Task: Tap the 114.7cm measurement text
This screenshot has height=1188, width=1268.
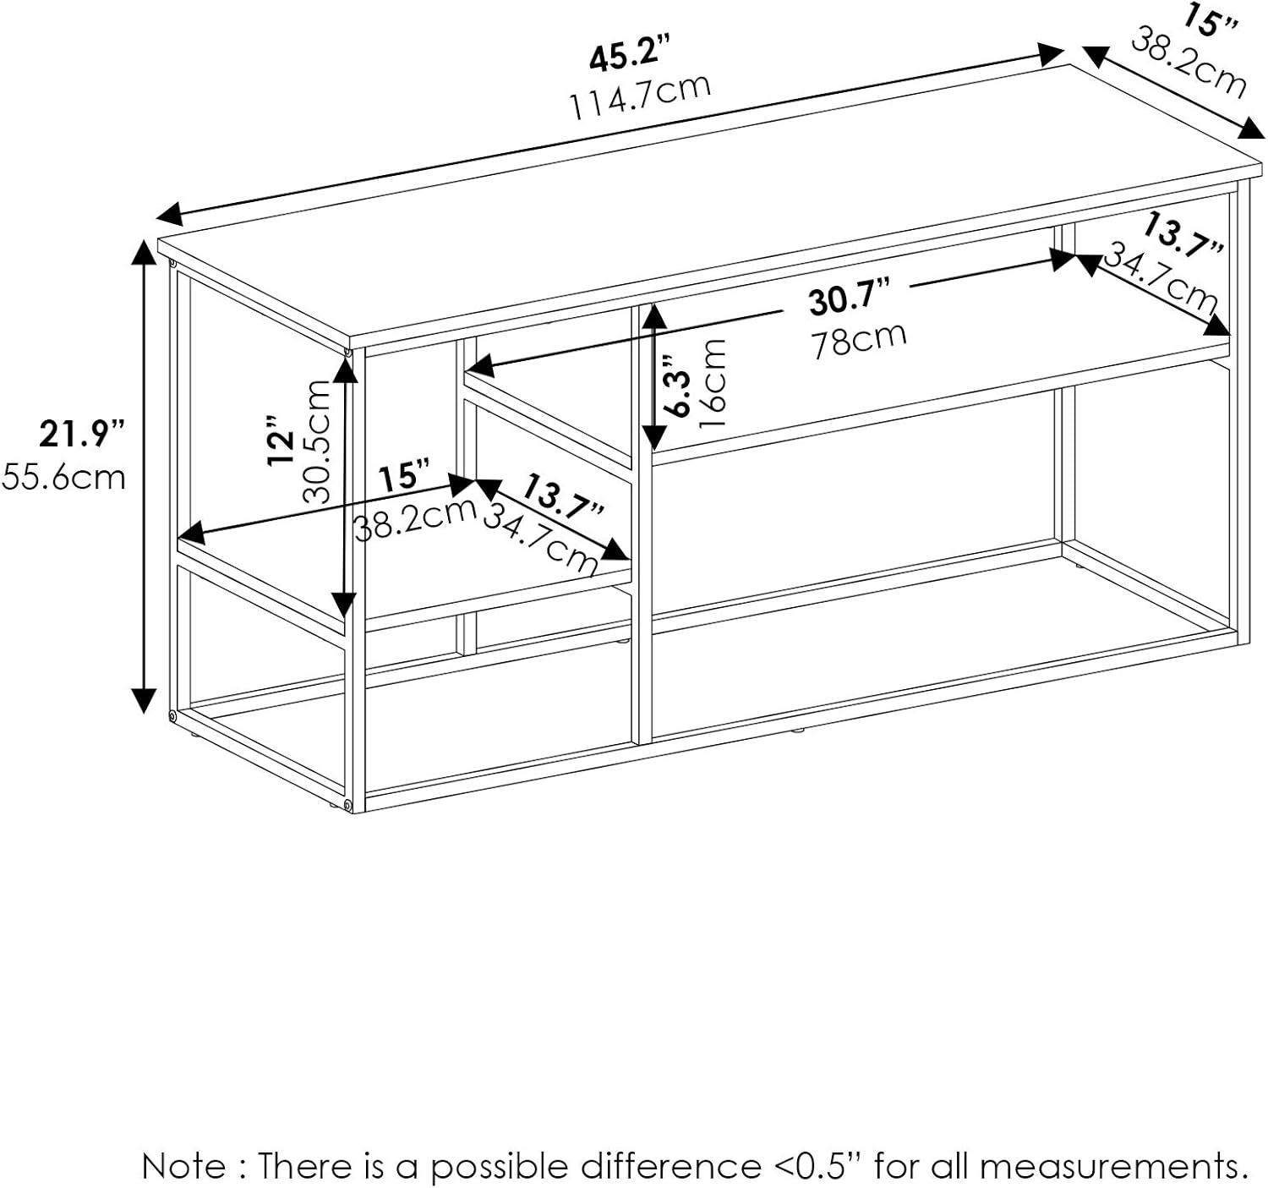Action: pos(640,96)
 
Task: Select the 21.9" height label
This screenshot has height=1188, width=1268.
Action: pos(81,435)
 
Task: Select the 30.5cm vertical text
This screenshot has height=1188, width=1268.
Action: pos(318,441)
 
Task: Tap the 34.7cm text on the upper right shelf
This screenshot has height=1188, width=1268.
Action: pos(1160,276)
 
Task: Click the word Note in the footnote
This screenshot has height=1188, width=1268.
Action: pos(183,1167)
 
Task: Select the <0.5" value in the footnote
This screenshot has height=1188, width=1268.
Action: pos(817,1167)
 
